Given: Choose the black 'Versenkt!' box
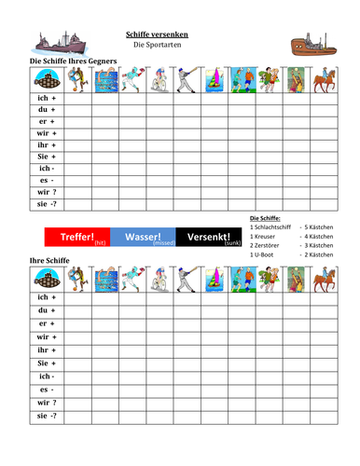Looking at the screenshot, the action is (x=210, y=238).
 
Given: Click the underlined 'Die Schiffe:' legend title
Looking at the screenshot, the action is (x=269, y=218).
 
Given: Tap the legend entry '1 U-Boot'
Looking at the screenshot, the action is (x=267, y=254).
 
